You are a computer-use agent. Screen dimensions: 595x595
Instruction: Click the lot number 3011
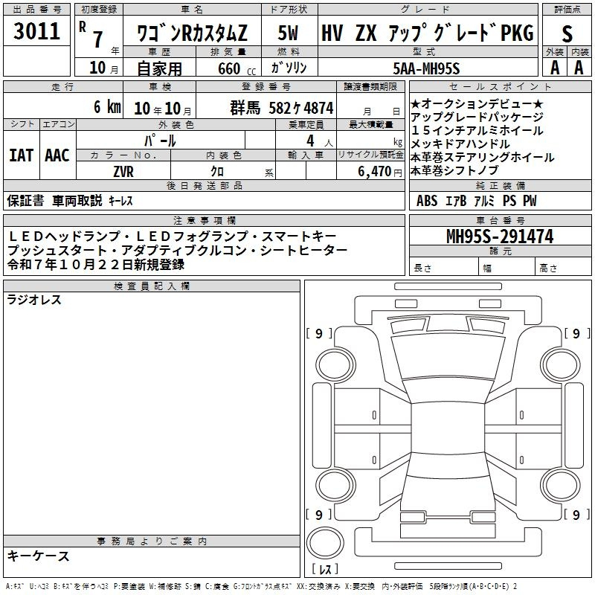[36, 31]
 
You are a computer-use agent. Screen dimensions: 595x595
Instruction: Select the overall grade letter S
[567, 33]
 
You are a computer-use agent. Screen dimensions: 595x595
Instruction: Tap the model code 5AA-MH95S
[426, 68]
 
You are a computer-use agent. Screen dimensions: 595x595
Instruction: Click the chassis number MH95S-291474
[500, 237]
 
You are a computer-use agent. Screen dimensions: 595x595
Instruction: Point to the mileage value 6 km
[107, 106]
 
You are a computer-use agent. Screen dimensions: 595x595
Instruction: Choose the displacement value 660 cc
[237, 69]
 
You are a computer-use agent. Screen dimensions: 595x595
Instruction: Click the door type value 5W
[288, 33]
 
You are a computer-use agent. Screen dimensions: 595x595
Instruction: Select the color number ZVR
[123, 172]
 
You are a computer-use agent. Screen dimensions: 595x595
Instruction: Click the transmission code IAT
[22, 155]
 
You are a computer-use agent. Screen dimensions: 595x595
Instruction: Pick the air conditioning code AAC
[57, 155]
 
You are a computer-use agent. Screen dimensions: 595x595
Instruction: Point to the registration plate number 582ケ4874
[301, 108]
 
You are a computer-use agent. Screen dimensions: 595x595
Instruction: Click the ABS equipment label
[427, 201]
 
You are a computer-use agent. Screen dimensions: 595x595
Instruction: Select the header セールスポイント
[500, 87]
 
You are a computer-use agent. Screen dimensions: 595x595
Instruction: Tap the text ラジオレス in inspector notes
[34, 300]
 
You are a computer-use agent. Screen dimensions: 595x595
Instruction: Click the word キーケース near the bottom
[39, 556]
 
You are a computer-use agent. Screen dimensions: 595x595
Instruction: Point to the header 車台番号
[500, 220]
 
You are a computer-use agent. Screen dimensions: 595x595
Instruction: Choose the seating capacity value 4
[310, 141]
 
